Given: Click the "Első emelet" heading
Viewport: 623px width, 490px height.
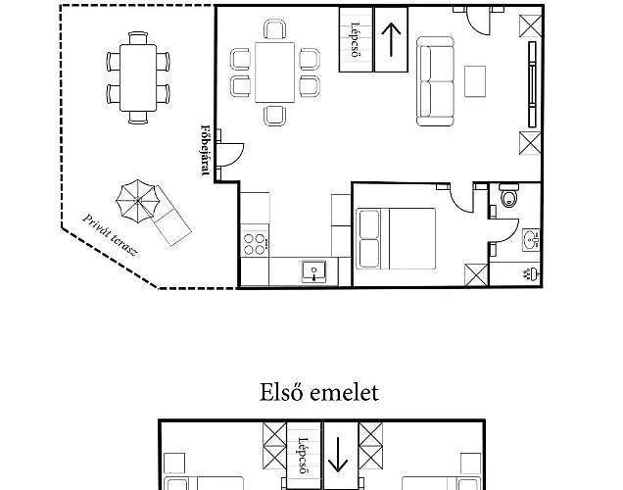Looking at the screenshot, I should point(319,393).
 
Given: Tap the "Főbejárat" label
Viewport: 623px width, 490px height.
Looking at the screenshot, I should point(206,150).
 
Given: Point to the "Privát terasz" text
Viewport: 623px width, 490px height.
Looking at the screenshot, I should point(111,236).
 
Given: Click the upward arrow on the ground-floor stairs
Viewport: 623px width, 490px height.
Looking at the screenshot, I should point(390,39).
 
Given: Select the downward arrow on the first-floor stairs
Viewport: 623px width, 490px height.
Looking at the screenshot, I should point(339,455).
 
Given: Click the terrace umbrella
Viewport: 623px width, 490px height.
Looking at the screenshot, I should point(136,201).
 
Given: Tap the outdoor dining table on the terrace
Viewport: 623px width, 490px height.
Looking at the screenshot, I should point(138,77).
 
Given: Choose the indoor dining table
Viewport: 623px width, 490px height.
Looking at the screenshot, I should point(275,72).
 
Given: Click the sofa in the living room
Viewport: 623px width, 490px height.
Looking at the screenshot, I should point(437,82).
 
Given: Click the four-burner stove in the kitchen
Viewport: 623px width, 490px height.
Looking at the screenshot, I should point(255,241).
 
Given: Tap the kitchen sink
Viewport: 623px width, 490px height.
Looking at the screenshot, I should point(313,271).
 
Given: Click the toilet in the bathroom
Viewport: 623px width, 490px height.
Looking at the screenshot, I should point(506,200).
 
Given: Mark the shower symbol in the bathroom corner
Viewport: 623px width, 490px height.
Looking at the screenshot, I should point(529,271).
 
